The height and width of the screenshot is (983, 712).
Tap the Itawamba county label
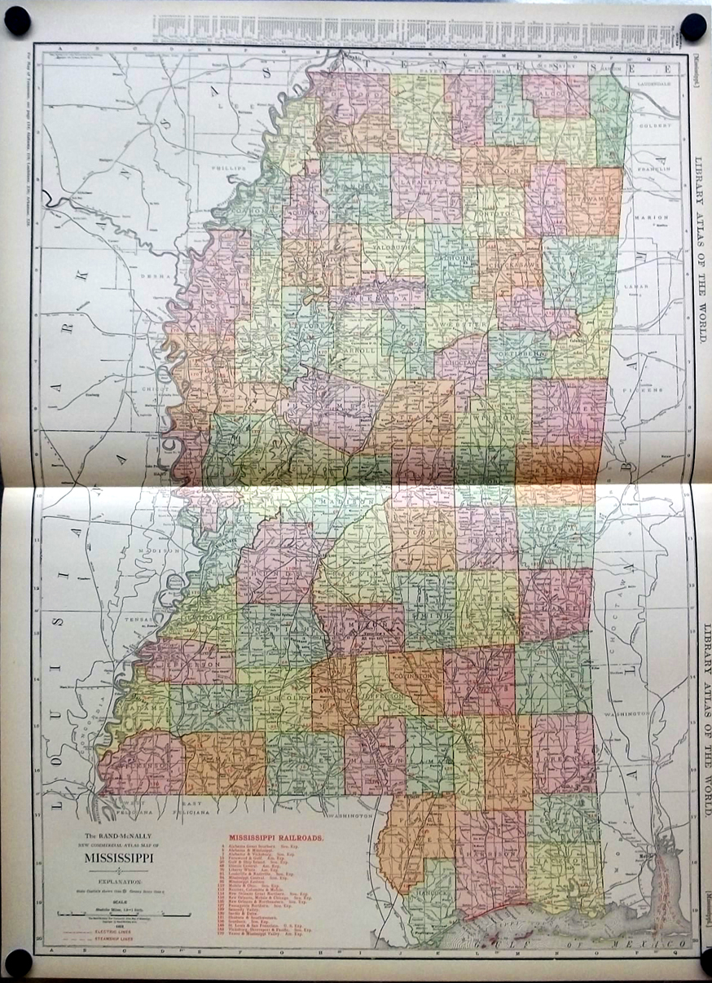point(594,198)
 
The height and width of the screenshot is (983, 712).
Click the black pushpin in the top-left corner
point(18,22)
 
